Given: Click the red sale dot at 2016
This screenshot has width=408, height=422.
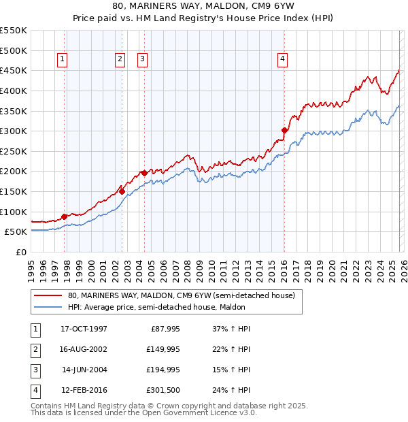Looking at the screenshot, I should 284,130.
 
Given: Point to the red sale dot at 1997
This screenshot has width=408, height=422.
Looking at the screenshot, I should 65,216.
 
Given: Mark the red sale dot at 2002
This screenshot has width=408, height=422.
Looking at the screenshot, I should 122,191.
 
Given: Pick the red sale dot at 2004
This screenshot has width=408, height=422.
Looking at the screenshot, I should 144,173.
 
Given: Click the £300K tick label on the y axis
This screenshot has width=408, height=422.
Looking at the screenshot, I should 14,131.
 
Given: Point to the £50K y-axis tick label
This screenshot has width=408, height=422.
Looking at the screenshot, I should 16,232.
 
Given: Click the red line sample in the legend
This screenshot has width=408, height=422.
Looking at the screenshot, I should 48,296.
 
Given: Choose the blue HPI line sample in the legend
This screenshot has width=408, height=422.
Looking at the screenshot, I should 48,307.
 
